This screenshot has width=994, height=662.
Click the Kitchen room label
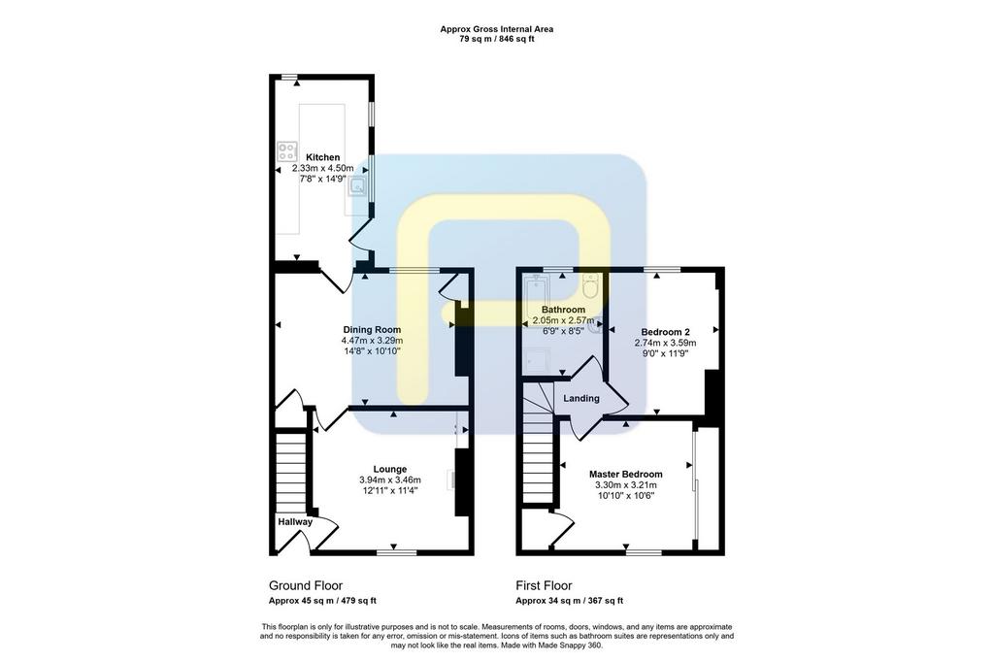pos(322,157)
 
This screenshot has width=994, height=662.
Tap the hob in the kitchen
pos(287,151)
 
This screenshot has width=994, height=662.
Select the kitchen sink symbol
pos(359,186)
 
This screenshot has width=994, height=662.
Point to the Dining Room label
pos(372,330)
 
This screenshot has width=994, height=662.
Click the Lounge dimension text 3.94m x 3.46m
pos(389,480)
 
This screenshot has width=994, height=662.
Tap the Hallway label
pos(295,522)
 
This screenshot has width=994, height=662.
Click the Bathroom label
pos(563,310)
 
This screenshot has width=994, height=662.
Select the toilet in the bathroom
pos(591,286)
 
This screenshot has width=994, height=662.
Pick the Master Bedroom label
pos(626,475)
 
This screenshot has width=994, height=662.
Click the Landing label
pos(581,398)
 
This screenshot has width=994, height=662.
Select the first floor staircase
pos(539,444)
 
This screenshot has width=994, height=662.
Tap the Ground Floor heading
pos(306,585)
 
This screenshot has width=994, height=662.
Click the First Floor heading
pos(544,585)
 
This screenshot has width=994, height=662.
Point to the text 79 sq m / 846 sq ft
pos(496,39)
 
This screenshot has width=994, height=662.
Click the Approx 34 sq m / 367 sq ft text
pos(569,601)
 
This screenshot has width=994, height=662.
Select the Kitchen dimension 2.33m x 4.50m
pos(322,168)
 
